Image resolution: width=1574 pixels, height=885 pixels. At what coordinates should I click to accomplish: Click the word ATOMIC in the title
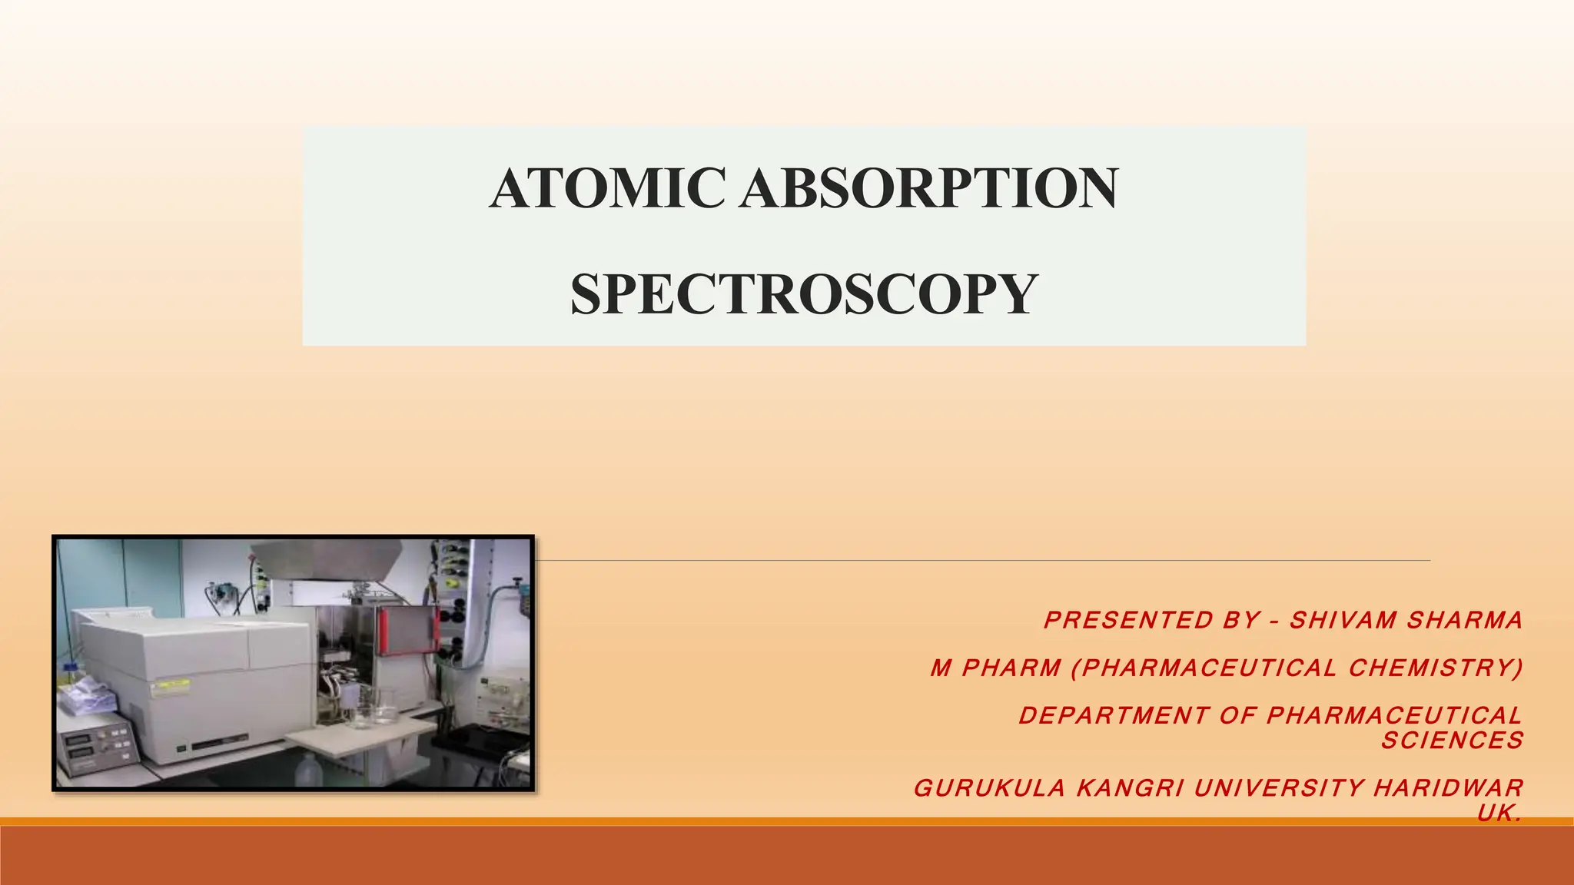coord(606,189)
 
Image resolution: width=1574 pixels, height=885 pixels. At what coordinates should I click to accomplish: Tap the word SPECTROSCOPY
coord(804,295)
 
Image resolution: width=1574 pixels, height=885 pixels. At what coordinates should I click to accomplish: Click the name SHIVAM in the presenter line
coord(1343,621)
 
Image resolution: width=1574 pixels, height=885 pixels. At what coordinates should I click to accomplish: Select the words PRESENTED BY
coord(1152,621)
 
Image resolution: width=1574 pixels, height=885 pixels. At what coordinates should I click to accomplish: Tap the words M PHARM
coord(995,668)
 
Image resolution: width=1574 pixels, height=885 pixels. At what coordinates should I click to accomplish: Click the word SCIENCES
coord(1452,741)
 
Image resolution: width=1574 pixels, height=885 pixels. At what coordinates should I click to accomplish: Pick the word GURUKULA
coord(989,788)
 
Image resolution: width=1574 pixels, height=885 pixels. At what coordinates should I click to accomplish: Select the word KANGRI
coord(1130,788)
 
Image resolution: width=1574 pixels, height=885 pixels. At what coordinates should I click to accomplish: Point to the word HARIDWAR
coord(1448,788)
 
